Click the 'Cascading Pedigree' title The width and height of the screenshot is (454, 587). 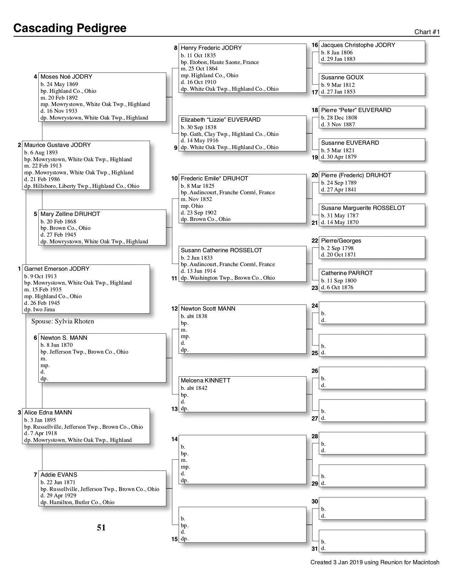(x=70, y=28)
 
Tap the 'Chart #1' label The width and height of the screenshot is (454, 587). (x=427, y=32)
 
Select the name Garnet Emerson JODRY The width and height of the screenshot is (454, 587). (x=57, y=269)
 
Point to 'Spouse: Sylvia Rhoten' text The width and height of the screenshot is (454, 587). (x=63, y=321)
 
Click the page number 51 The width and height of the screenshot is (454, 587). (x=101, y=528)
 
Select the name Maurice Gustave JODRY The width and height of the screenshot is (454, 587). (x=57, y=145)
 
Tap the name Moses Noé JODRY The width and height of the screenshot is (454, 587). (x=66, y=76)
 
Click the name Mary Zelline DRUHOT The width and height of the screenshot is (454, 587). (x=70, y=214)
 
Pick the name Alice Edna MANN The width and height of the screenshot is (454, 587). (x=48, y=412)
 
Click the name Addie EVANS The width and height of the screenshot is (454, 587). (x=59, y=475)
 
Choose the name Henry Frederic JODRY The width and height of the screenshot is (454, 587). (x=211, y=48)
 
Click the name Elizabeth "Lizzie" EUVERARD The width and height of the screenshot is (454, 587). (x=220, y=120)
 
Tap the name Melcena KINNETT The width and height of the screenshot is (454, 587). (x=205, y=380)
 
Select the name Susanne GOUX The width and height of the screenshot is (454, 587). (x=342, y=77)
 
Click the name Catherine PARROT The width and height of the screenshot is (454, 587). (x=347, y=273)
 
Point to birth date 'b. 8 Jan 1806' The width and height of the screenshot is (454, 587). (x=337, y=52)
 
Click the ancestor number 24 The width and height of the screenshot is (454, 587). (x=315, y=306)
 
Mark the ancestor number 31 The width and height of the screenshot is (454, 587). (x=315, y=549)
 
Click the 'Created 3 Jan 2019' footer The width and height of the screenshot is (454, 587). (x=375, y=562)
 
